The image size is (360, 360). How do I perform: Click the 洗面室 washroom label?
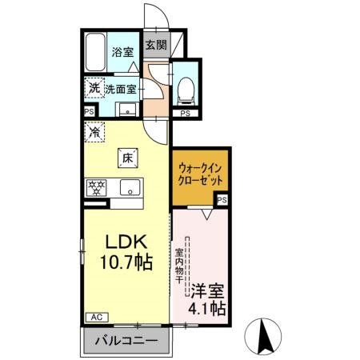[x=122, y=88]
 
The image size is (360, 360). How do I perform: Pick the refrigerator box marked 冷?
[x=94, y=126]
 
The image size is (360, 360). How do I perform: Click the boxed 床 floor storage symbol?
[x=127, y=158]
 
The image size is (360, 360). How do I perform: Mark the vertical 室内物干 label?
[x=179, y=268]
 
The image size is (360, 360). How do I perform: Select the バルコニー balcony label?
[x=126, y=342]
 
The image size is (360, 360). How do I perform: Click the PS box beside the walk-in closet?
[x=222, y=200]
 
